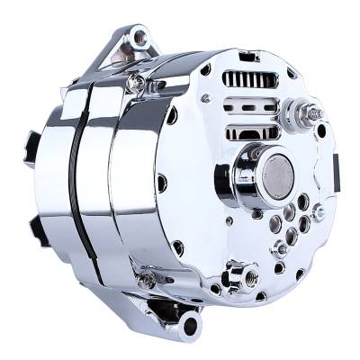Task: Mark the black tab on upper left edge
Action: (x=33, y=144)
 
